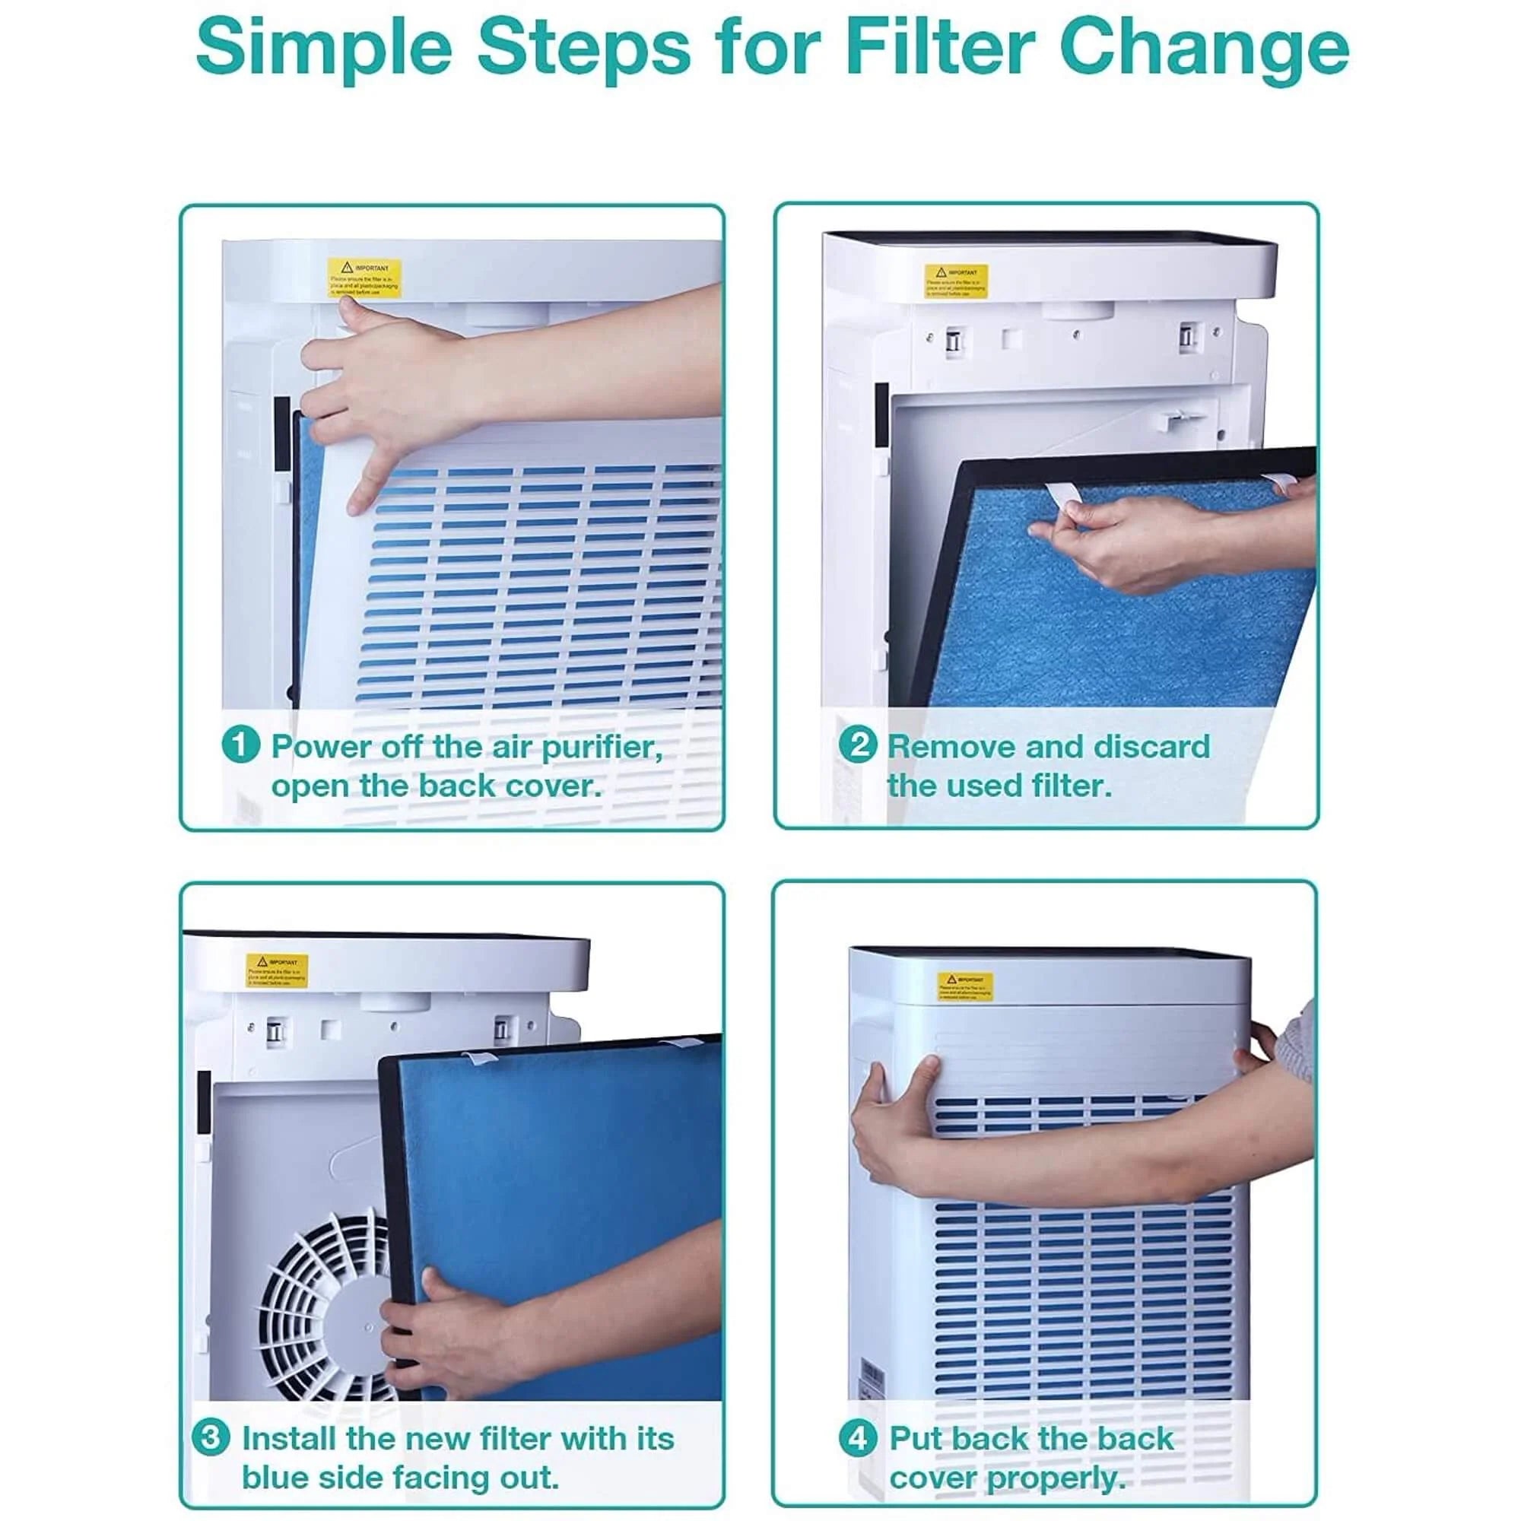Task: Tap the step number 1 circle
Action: point(240,745)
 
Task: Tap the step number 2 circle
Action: point(857,745)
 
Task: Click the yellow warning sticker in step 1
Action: point(364,278)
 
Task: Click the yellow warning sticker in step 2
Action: point(957,281)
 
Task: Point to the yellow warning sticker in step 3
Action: point(276,970)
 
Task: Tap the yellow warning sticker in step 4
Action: point(964,986)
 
